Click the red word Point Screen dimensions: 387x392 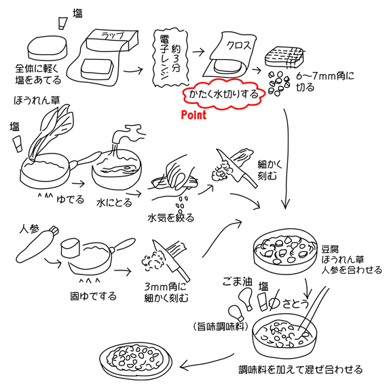click(193, 115)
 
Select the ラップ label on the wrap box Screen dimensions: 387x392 click(113, 35)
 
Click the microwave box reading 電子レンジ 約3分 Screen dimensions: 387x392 click(170, 58)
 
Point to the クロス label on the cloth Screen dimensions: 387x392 click(238, 46)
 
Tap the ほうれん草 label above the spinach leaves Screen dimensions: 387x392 click(37, 101)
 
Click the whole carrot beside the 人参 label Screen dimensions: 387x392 click(37, 244)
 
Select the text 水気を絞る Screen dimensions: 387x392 click(171, 218)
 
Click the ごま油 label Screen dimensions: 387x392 click(238, 282)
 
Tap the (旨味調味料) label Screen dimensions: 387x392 click(221, 327)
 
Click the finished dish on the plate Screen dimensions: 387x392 click(136, 360)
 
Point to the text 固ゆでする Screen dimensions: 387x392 click(93, 296)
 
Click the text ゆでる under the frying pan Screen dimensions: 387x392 click(70, 200)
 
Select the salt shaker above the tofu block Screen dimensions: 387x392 click(63, 23)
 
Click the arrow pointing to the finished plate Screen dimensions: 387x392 click(206, 363)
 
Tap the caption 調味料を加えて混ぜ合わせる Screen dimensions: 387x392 click(300, 370)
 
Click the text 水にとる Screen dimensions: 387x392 click(114, 202)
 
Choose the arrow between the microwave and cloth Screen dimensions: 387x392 click(199, 52)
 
